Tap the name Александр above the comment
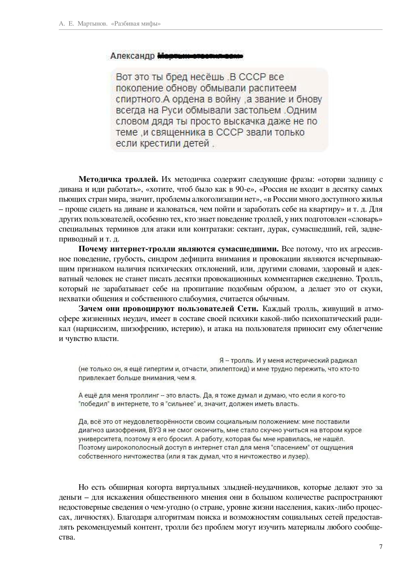(132, 56)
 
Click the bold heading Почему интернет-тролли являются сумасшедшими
(179, 249)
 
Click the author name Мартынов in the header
(92, 24)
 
